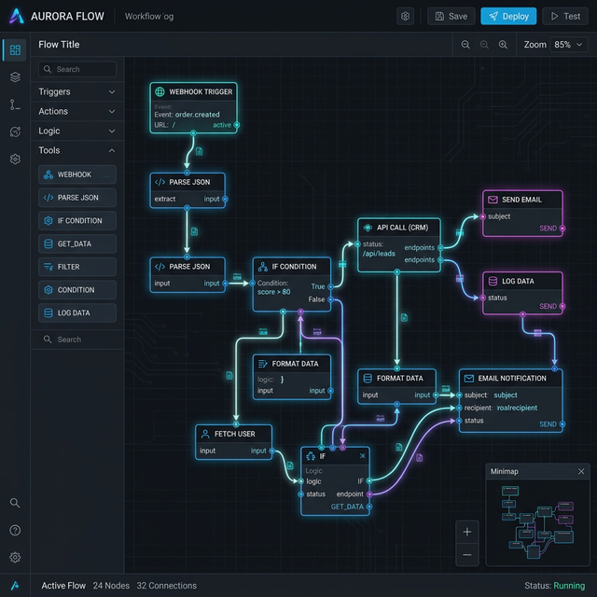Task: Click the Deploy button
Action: pos(508,16)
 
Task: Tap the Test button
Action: pos(565,16)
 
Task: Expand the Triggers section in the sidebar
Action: pos(77,91)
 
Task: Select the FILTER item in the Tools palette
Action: pos(77,267)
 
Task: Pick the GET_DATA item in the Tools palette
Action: pos(77,243)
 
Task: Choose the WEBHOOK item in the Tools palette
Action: pos(77,174)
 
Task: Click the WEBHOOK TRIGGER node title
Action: pos(200,92)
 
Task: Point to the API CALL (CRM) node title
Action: pos(401,227)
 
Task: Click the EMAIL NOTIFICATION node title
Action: pos(512,378)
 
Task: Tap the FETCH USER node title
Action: pos(234,434)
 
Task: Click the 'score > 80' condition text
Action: pos(273,292)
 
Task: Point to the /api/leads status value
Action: pos(379,254)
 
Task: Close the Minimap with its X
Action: pos(581,471)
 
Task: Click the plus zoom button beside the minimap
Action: pos(467,532)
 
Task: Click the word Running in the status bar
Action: pos(570,586)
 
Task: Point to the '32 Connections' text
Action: pos(166,586)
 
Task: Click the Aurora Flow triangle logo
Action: pos(15,16)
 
